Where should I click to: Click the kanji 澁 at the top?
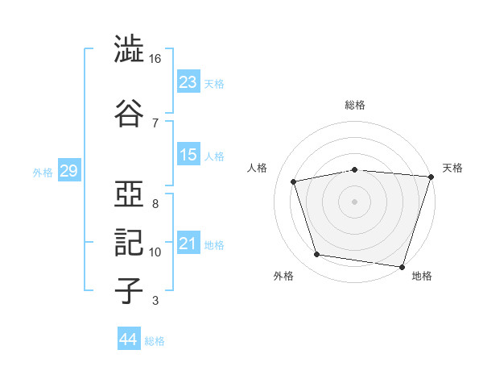click(x=129, y=48)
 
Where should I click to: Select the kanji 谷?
click(x=129, y=113)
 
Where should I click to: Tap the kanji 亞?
click(x=129, y=194)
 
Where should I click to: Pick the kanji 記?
click(x=129, y=243)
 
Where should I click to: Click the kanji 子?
click(x=129, y=290)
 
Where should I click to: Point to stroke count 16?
click(x=155, y=59)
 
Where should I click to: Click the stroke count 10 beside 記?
click(x=155, y=252)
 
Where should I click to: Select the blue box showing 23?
click(x=188, y=81)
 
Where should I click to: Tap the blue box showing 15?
click(x=188, y=154)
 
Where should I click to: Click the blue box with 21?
click(x=188, y=242)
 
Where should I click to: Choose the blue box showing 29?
click(x=69, y=170)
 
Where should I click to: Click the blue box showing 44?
click(x=129, y=338)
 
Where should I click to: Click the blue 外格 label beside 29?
click(x=43, y=173)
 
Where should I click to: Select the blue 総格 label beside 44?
click(x=155, y=341)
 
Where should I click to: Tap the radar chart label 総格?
click(x=355, y=105)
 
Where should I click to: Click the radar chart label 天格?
click(x=452, y=168)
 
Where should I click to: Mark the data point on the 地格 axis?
click(x=402, y=267)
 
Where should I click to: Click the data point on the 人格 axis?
click(x=293, y=181)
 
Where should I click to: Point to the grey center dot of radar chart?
click(x=354, y=202)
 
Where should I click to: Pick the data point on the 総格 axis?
click(x=355, y=169)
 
